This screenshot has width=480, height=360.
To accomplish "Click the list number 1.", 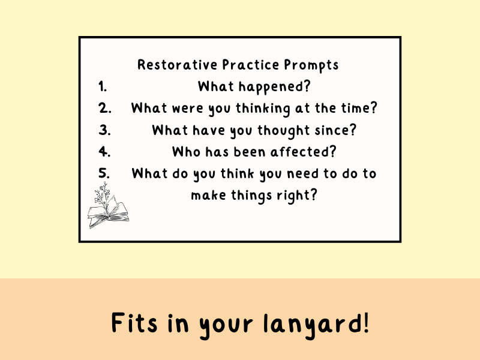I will pyautogui.click(x=103, y=86).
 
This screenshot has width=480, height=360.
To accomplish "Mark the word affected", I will pyautogui.click(x=304, y=152).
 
